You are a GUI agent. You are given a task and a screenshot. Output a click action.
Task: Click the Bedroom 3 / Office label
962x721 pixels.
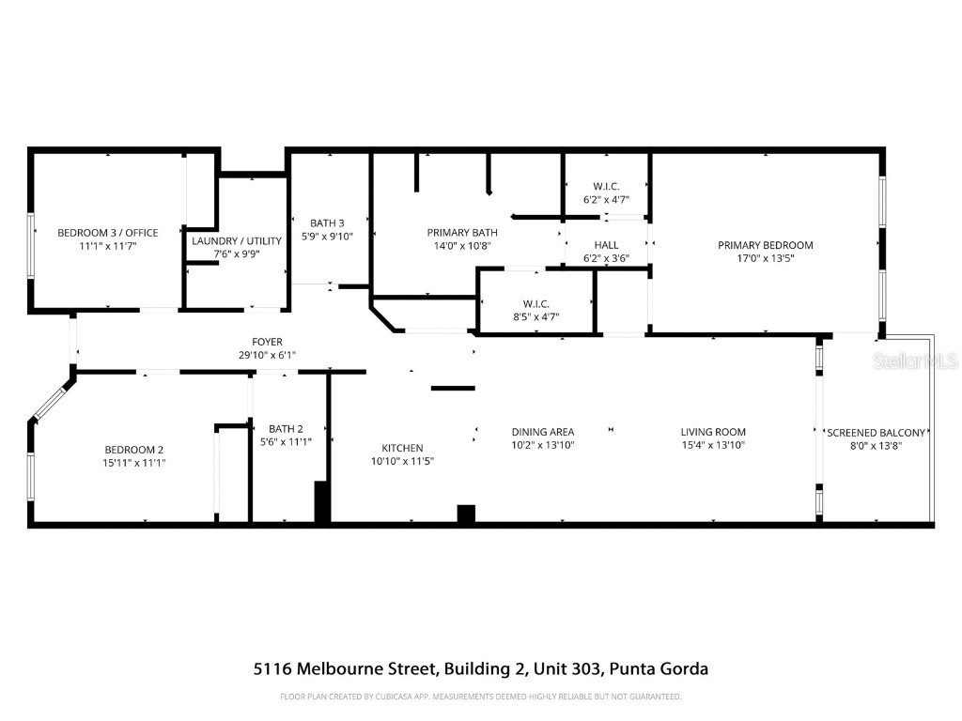point(107,233)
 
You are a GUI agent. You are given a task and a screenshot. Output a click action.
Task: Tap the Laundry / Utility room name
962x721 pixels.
point(237,241)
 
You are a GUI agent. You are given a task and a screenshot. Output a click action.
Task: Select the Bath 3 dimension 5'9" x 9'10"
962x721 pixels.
point(328,237)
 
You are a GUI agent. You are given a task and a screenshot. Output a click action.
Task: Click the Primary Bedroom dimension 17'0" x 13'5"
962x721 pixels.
point(765,258)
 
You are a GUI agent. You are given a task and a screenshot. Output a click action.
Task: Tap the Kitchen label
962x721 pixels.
point(402,448)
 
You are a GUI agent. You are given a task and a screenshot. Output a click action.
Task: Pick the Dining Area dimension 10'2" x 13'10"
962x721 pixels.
point(543,445)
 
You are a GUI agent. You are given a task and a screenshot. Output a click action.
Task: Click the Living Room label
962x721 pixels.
point(713,432)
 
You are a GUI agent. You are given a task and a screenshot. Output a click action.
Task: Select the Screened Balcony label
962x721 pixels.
point(877,433)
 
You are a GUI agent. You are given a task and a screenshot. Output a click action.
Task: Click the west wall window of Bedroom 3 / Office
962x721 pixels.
point(31,245)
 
